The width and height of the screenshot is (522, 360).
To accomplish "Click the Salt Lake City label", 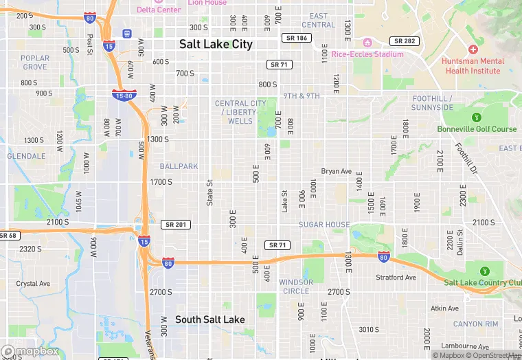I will [216, 44].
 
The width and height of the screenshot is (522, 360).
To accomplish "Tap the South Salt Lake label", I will [209, 319].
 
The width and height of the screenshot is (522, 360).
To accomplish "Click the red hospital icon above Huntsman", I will [473, 49].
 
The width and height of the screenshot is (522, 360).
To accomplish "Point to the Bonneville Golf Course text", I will [477, 129].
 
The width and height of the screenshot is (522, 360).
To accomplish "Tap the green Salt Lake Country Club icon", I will [485, 271].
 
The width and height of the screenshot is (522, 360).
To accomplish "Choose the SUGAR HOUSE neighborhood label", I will [324, 225].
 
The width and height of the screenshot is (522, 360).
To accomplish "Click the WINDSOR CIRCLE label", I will [296, 286].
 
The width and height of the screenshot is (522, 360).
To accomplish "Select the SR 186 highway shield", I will [297, 38].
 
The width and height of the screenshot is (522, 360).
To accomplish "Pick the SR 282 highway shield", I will [404, 41].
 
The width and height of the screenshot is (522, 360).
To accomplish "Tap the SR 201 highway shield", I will [177, 225].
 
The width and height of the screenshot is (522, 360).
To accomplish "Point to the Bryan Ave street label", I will [337, 171].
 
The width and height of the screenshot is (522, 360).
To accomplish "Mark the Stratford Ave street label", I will [396, 278].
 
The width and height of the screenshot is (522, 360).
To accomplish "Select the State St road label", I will [210, 192].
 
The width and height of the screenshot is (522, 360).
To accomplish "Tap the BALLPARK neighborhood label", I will [179, 166].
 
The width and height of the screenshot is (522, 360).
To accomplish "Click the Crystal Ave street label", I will [33, 283].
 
